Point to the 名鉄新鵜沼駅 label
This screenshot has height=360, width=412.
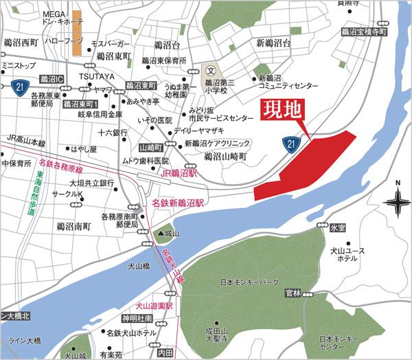(x=179, y=203)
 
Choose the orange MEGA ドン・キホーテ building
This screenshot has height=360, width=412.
(x=78, y=32)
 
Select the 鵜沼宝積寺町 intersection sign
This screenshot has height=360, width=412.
(x=364, y=32)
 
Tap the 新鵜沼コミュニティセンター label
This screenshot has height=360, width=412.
(x=288, y=82)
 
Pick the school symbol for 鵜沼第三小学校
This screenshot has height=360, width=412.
(x=211, y=70)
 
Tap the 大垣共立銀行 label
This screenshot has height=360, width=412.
(x=91, y=183)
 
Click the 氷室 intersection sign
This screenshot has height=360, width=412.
(x=336, y=226)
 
